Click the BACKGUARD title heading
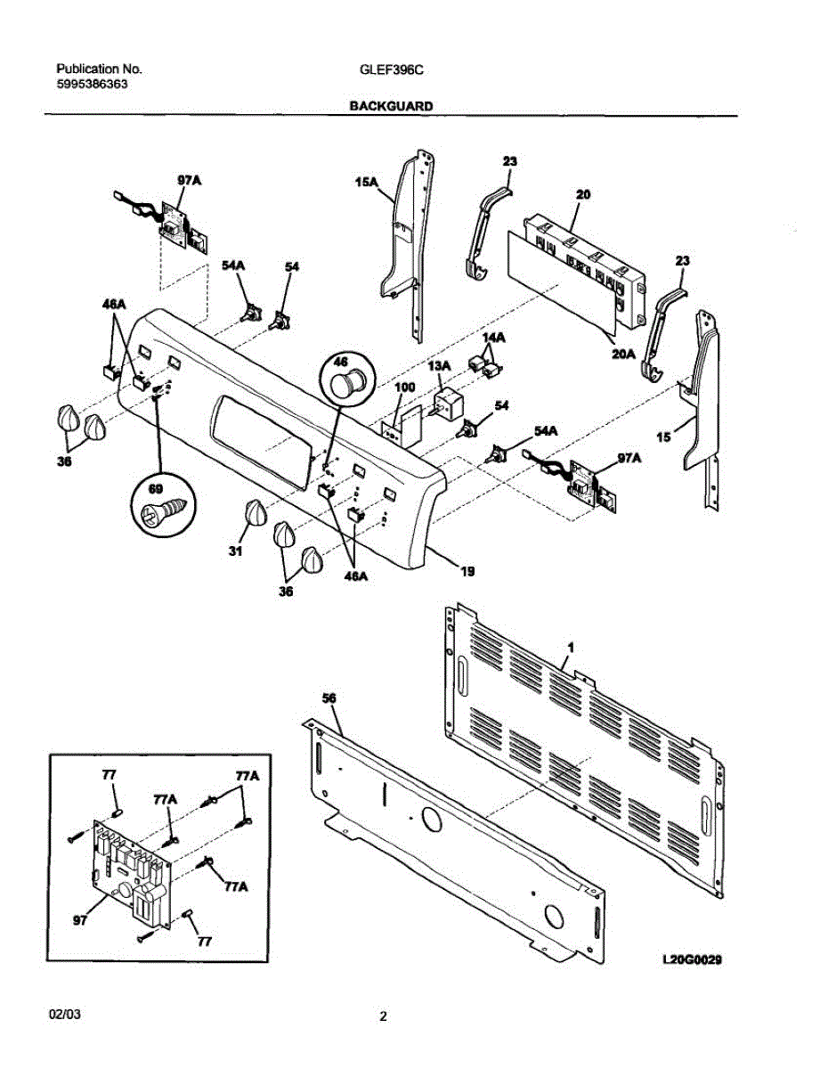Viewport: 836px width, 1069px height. [x=391, y=105]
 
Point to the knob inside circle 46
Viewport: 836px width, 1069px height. [x=345, y=380]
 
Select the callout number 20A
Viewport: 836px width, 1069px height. [x=622, y=353]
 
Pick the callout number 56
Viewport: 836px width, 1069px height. [x=329, y=698]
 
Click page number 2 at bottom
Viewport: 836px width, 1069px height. [x=383, y=1016]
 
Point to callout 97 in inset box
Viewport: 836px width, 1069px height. [x=79, y=922]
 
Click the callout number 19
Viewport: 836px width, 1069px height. [x=467, y=573]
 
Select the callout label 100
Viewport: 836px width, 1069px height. [x=405, y=388]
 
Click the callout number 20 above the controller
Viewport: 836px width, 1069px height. [x=583, y=193]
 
